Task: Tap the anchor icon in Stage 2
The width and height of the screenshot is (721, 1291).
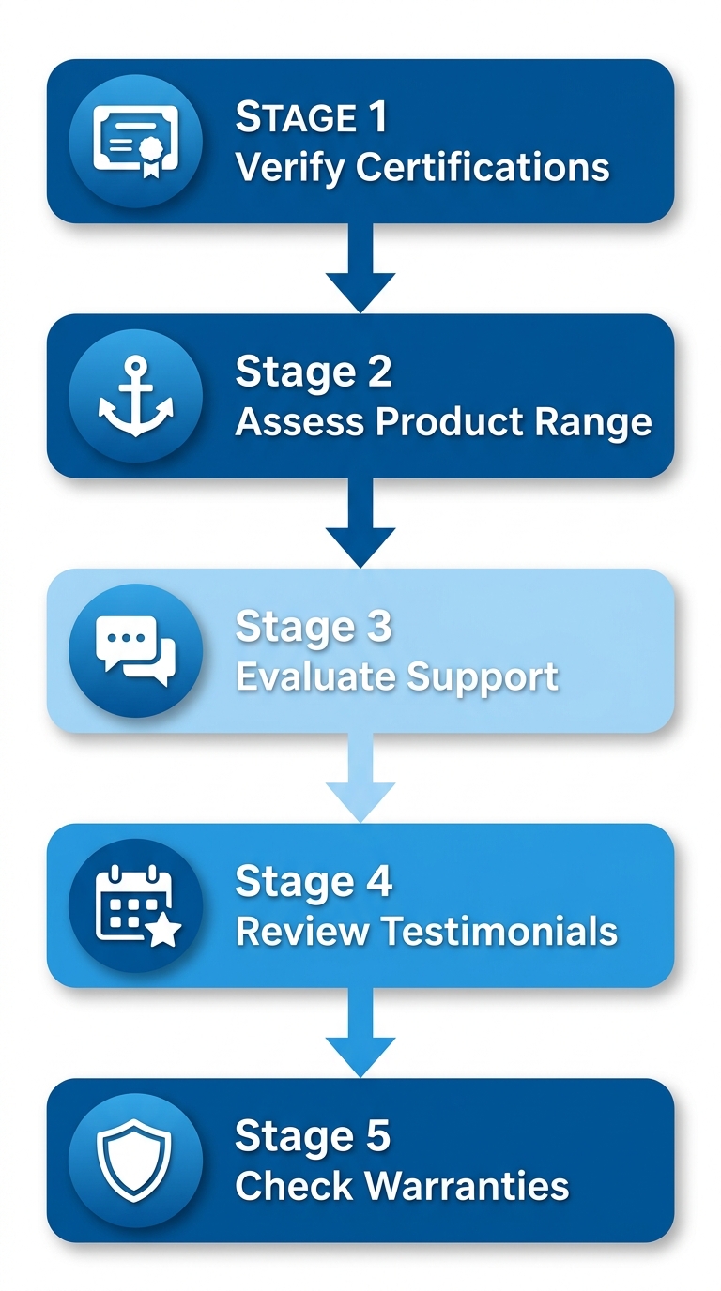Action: [x=135, y=397]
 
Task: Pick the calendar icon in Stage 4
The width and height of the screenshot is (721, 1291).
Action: [x=135, y=906]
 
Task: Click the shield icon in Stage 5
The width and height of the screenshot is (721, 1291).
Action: [x=135, y=1161]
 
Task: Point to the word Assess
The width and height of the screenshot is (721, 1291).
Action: [x=300, y=422]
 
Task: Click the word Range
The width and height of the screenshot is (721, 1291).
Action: [x=593, y=422]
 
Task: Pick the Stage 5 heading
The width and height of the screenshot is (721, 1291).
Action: [x=313, y=1136]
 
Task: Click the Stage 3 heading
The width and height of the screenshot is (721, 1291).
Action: [x=313, y=627]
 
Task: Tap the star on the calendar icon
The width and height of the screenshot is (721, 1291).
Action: [x=165, y=932]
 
